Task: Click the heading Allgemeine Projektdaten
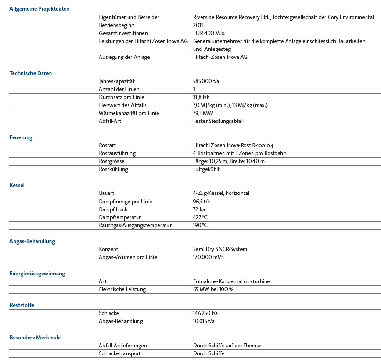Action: pyautogui.click(x=36, y=9)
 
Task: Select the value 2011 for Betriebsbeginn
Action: pyautogui.click(x=198, y=25)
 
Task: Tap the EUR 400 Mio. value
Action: pyautogui.click(x=208, y=33)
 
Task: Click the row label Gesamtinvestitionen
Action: pyautogui.click(x=123, y=33)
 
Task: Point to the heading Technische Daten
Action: pyautogui.click(x=31, y=73)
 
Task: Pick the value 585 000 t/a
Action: pyautogui.click(x=206, y=81)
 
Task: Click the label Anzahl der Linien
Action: pyautogui.click(x=119, y=89)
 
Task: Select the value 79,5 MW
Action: pyautogui.click(x=203, y=113)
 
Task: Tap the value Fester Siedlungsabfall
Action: pyautogui.click(x=218, y=121)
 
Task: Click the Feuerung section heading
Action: pyautogui.click(x=21, y=137)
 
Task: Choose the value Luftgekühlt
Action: pyautogui.click(x=206, y=169)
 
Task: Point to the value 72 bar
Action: pyautogui.click(x=200, y=209)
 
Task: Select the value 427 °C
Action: pyautogui.click(x=200, y=217)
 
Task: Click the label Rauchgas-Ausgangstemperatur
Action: pyautogui.click(x=135, y=225)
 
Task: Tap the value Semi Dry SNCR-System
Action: pyautogui.click(x=220, y=249)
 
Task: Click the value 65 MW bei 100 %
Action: pyautogui.click(x=213, y=289)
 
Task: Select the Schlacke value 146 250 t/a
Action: pyautogui.click(x=206, y=313)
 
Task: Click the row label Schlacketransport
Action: pyautogui.click(x=120, y=353)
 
